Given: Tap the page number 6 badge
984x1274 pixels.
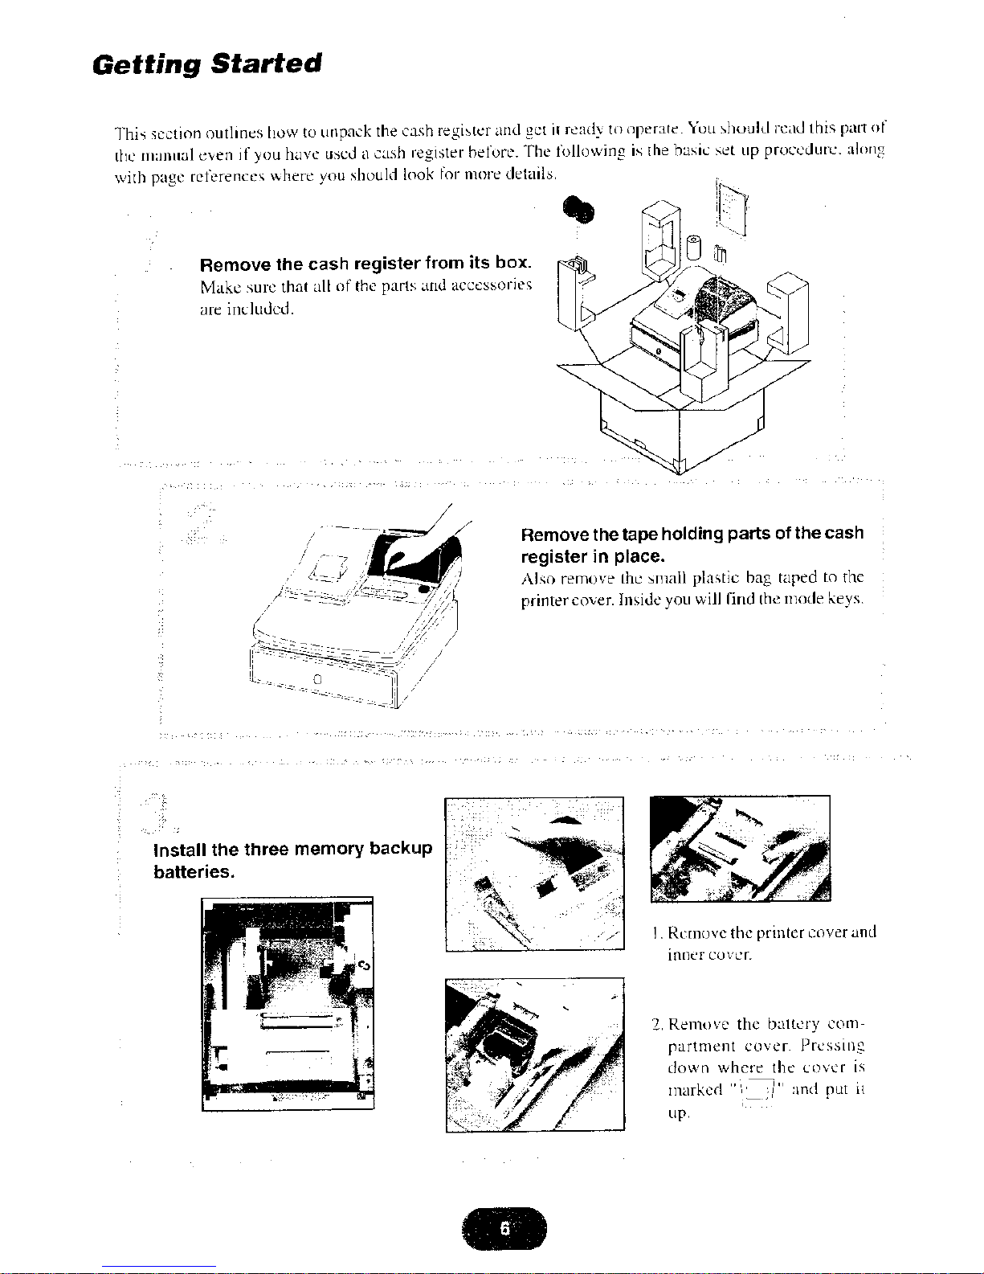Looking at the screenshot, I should [x=504, y=1229].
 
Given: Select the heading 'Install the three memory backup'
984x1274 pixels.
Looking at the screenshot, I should [x=292, y=849].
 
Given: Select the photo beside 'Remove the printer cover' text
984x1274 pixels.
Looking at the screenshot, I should [x=740, y=849].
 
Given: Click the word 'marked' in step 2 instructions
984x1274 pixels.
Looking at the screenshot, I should [x=695, y=1091].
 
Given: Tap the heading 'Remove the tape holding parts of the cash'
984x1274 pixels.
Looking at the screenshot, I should [x=692, y=534].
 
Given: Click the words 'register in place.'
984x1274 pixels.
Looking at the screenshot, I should [x=593, y=557].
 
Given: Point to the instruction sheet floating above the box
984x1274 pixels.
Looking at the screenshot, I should [x=732, y=209].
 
